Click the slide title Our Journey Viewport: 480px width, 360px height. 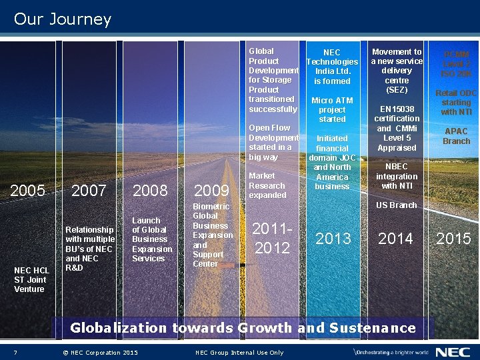click(x=63, y=19)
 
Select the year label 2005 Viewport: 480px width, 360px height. click(x=28, y=191)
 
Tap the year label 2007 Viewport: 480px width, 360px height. click(x=89, y=191)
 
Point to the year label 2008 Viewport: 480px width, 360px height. click(x=150, y=191)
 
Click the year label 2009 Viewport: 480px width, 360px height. click(x=211, y=191)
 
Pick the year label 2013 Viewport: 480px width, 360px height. click(x=333, y=239)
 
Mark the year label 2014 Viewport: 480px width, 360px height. click(x=395, y=238)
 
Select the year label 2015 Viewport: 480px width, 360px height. click(x=453, y=239)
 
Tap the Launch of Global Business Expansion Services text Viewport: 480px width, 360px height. click(x=151, y=239)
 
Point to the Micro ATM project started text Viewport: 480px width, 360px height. click(x=332, y=110)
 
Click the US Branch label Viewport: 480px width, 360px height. click(x=396, y=205)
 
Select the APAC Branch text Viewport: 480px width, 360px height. click(x=457, y=137)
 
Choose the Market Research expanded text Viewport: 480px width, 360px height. click(x=267, y=185)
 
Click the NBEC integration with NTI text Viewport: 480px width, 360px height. click(x=397, y=176)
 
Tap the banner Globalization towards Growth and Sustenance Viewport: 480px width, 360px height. click(x=243, y=328)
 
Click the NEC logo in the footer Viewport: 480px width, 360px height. click(x=453, y=352)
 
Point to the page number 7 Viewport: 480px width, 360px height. click(x=15, y=353)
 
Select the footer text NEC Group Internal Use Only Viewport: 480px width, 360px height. click(x=239, y=353)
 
